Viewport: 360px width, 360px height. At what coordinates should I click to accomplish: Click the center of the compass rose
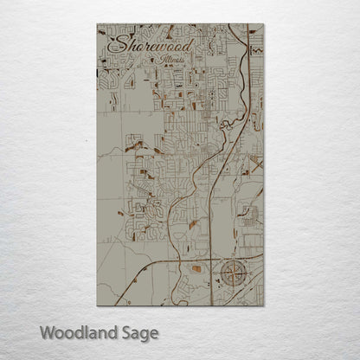234,276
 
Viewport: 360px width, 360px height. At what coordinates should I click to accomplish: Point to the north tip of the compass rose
234,261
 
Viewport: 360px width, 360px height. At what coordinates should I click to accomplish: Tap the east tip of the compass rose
248,276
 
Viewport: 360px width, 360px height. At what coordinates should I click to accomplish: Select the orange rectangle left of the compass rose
196,269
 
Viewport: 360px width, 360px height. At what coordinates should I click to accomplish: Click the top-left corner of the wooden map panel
97,24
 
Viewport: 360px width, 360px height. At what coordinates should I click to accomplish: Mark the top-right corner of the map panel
263,24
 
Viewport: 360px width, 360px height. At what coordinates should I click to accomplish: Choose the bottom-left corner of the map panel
97,305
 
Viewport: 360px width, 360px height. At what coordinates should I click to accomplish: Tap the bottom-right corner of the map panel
263,305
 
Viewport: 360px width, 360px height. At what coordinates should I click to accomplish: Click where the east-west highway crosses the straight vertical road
210,256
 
